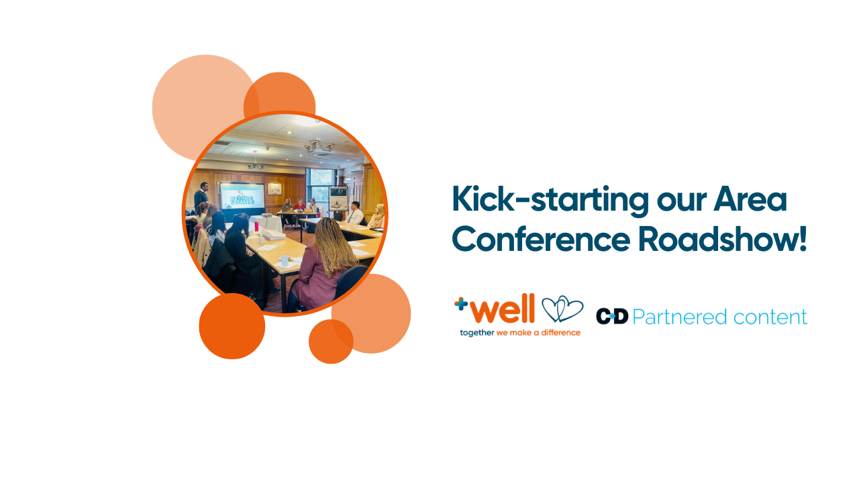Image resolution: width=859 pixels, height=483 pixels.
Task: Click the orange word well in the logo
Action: coord(503,310)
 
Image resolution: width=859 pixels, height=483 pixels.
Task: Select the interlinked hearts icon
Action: coord(562,309)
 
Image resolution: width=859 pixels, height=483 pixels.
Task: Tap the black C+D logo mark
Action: coord(611,316)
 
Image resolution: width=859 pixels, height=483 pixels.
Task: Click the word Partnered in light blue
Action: coord(680,317)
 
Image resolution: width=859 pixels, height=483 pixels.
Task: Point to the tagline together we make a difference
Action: coord(519,333)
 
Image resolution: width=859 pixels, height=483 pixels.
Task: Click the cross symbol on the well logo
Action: coord(460,303)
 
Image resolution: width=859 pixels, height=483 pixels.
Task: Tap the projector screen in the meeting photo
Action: coord(242,198)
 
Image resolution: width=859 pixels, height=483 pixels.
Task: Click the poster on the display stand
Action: coord(338,197)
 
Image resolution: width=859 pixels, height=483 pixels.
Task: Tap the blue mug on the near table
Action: coord(284,261)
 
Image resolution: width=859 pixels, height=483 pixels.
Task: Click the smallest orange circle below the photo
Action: coord(331,341)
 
